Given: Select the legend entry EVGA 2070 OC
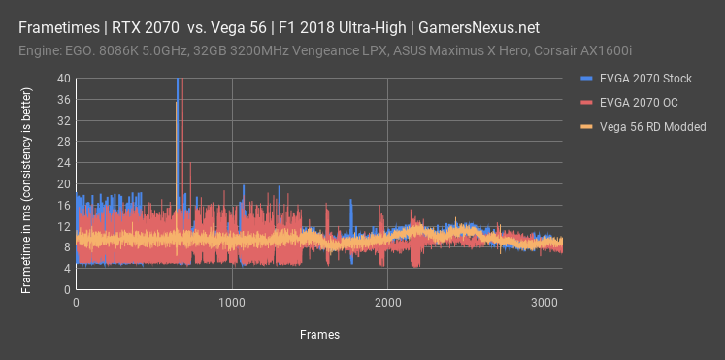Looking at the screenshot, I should coord(631,103).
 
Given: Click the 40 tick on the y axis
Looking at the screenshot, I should coord(63,78).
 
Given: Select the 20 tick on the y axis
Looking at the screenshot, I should coord(63,183).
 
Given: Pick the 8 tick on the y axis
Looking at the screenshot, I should coord(66,247).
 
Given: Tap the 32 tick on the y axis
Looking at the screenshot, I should coord(63,120).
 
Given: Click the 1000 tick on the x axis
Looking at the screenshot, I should coord(232,303).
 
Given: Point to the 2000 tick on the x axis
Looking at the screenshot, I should coord(387,303).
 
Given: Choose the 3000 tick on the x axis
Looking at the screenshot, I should coord(544,303).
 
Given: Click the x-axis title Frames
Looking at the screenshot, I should coord(319,334).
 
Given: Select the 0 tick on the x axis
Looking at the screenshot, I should coord(77,303).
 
